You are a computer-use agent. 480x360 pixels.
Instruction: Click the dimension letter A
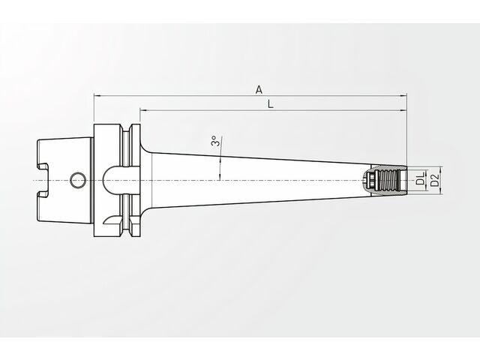(x=259, y=90)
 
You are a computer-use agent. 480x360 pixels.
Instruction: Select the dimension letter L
(x=270, y=104)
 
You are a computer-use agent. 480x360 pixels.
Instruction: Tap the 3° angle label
(x=215, y=141)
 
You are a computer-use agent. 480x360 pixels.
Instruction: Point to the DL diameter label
(x=421, y=178)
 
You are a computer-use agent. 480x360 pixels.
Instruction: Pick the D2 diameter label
(x=435, y=180)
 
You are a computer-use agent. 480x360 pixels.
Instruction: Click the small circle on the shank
(x=78, y=180)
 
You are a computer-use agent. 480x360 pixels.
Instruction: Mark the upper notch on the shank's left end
(x=43, y=166)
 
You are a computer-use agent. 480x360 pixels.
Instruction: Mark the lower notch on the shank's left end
(x=43, y=193)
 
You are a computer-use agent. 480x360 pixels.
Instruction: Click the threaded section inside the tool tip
(x=388, y=180)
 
